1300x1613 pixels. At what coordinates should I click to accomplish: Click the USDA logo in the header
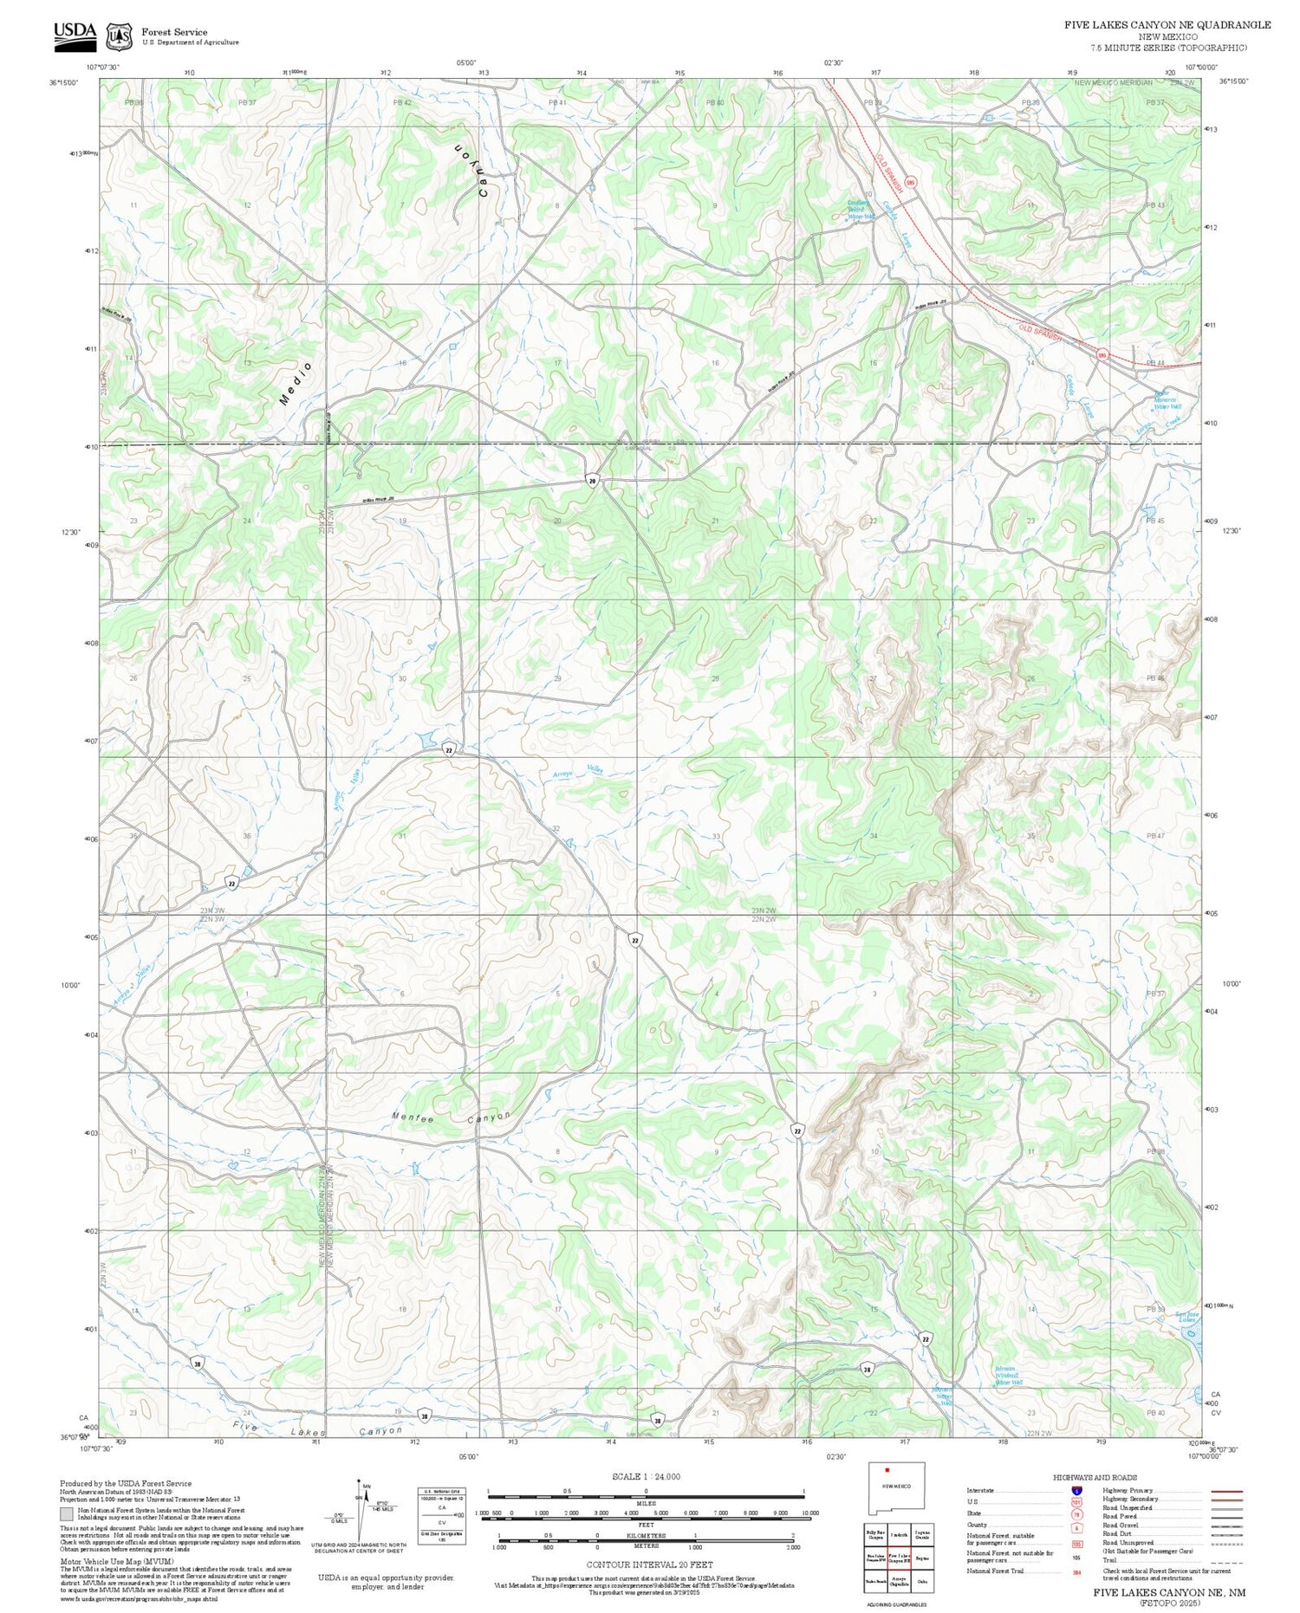(x=75, y=33)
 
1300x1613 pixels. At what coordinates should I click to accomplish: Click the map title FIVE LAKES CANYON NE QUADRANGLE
(x=1167, y=25)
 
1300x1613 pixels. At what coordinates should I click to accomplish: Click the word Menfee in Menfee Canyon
(x=413, y=1118)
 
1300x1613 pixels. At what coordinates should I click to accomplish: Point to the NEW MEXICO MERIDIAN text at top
(x=1114, y=82)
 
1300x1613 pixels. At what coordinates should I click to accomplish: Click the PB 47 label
(x=1155, y=836)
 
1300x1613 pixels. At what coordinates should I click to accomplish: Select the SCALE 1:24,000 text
(x=646, y=1477)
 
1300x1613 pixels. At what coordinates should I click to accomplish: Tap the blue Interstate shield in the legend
(x=1076, y=1491)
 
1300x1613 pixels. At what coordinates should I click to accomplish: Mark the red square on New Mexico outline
(x=887, y=1469)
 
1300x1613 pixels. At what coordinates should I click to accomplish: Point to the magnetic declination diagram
(x=364, y=1507)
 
